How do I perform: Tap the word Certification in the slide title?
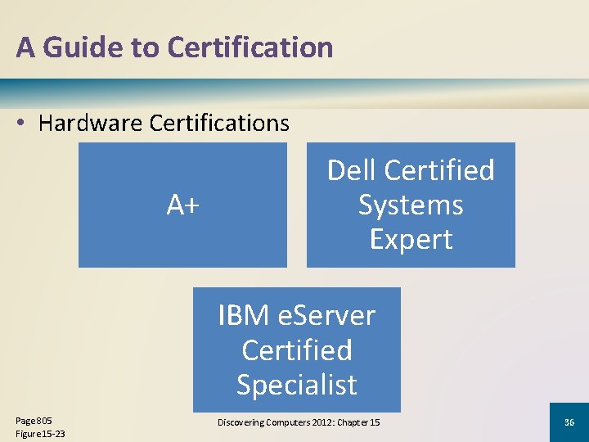[x=250, y=47]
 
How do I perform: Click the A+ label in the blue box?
[x=182, y=205]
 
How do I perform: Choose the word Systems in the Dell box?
[x=411, y=205]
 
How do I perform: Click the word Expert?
[x=411, y=239]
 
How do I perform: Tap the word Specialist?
[x=297, y=384]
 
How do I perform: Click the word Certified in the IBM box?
[x=297, y=350]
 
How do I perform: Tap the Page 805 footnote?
[x=34, y=420]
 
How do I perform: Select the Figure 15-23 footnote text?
[x=40, y=433]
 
